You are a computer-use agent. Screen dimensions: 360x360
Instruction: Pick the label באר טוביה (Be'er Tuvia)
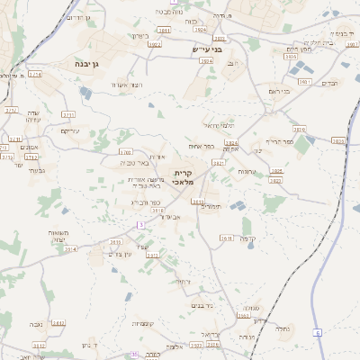click(134, 163)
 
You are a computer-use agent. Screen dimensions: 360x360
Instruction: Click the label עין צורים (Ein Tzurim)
click(121, 256)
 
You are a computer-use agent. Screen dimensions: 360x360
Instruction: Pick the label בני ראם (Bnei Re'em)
click(281, 91)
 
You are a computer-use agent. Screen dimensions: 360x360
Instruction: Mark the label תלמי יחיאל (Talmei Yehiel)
click(219, 125)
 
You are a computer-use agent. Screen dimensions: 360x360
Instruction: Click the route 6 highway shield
click(317, 332)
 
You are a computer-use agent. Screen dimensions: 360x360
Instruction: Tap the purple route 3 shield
click(140, 224)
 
